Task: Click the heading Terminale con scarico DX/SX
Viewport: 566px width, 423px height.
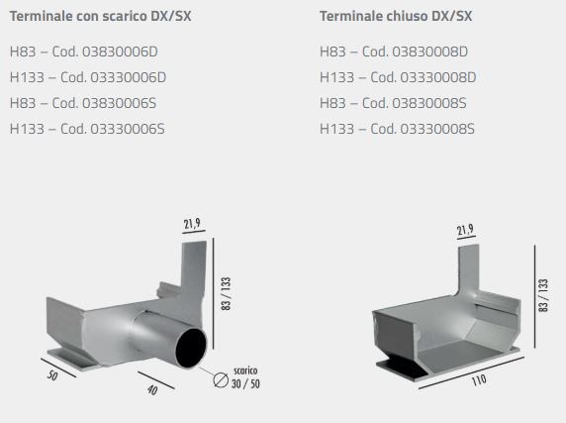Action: point(100,16)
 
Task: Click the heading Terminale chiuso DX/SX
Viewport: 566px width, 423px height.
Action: point(396,16)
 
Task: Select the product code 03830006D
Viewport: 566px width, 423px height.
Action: point(120,52)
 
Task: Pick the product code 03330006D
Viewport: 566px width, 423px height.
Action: point(129,77)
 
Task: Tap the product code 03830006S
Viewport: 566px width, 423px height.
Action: point(119,103)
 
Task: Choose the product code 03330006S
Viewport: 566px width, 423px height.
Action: point(128,129)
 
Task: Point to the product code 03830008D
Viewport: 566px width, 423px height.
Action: point(429,52)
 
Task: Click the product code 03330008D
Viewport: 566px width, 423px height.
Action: point(438,77)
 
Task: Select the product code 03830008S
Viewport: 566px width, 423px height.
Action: point(429,103)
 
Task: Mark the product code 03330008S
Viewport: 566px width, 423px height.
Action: point(437,129)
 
